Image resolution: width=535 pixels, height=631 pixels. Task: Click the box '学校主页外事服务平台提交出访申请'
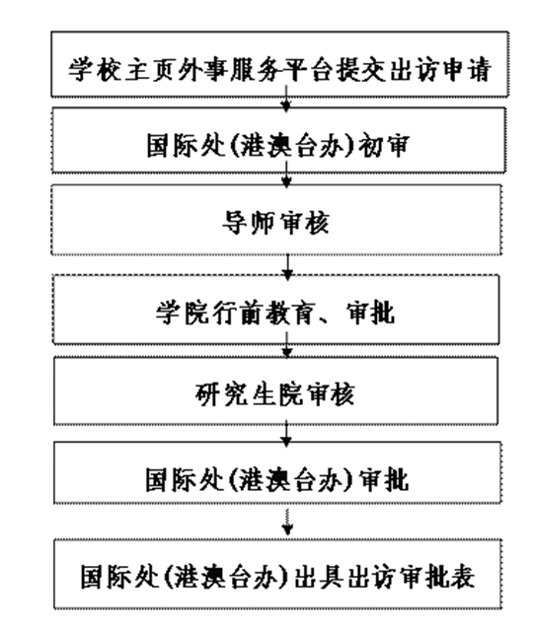(279, 64)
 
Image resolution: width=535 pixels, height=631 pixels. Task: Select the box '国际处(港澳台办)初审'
(278, 140)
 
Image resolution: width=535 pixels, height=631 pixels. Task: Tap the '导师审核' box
(276, 220)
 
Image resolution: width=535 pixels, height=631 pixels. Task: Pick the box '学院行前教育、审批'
(276, 310)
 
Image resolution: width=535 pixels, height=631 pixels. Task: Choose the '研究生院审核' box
(276, 390)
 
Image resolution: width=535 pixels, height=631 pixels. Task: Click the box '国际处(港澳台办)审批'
(277, 472)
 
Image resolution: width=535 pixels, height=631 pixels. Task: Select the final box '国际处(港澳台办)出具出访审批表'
(278, 574)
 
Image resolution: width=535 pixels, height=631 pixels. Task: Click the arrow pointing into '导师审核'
(286, 175)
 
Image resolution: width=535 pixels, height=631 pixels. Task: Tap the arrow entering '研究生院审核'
(287, 345)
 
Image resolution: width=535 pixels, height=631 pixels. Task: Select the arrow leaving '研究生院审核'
(286, 433)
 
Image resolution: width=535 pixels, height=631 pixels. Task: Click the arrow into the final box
(287, 522)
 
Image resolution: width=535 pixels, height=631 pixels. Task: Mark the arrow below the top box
(286, 98)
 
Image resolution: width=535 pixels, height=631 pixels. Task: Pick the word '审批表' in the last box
(436, 576)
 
